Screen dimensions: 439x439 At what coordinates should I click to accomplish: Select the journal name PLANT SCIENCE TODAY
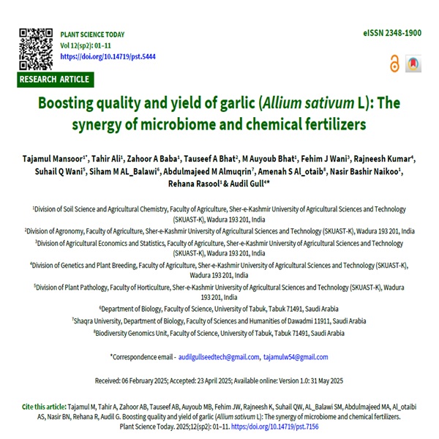click(92, 34)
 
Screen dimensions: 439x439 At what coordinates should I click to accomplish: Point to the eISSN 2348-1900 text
click(391, 34)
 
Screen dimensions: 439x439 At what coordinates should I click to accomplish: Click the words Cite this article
click(43, 405)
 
